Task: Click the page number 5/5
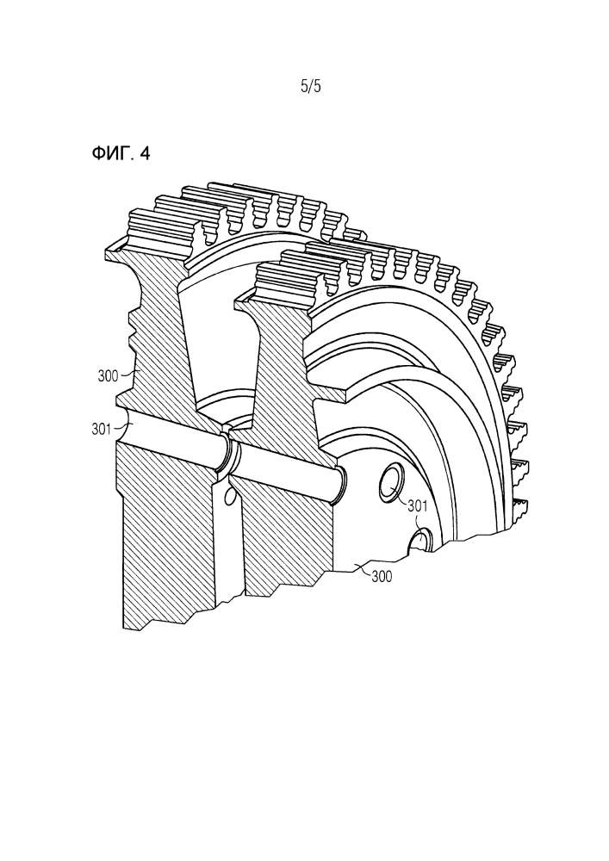(311, 86)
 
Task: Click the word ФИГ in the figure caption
(112, 154)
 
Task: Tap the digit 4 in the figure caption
(145, 154)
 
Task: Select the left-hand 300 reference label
(108, 376)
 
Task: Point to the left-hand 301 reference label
(102, 429)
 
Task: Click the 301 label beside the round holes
(418, 506)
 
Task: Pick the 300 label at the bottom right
(382, 577)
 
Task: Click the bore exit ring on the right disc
(340, 484)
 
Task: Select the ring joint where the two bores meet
(229, 450)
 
